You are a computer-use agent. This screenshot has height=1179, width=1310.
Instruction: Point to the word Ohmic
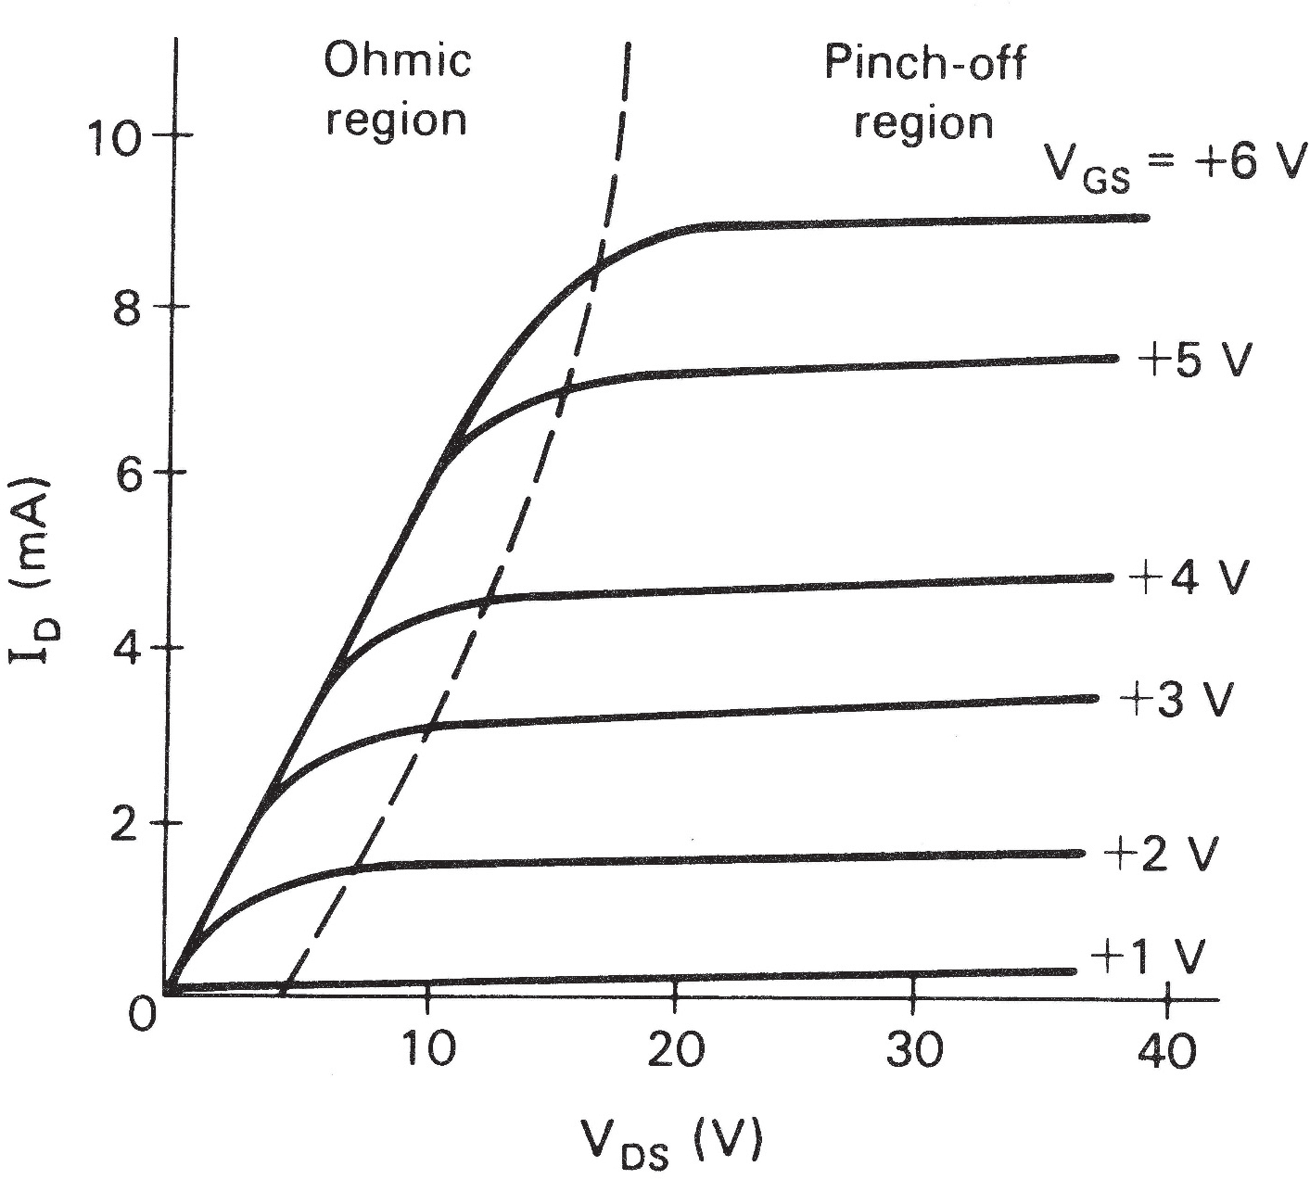click(397, 62)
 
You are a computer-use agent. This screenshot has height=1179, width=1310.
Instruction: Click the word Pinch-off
click(924, 65)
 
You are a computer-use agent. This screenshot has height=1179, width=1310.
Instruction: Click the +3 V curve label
click(1176, 700)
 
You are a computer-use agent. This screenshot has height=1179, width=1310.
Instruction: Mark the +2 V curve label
click(1160, 855)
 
